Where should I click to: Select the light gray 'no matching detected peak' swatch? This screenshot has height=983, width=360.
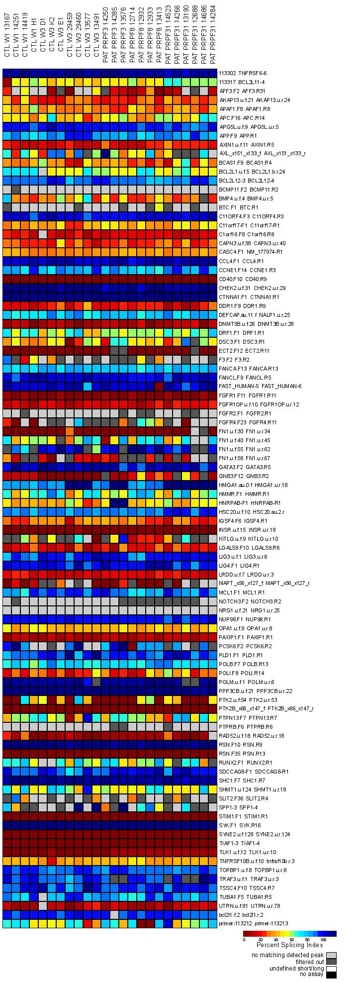[x=331, y=955]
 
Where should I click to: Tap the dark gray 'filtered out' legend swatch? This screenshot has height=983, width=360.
[x=331, y=962]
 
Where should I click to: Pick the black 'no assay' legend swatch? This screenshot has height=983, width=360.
[x=331, y=975]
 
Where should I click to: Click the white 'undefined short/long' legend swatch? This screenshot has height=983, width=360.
[x=331, y=968]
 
